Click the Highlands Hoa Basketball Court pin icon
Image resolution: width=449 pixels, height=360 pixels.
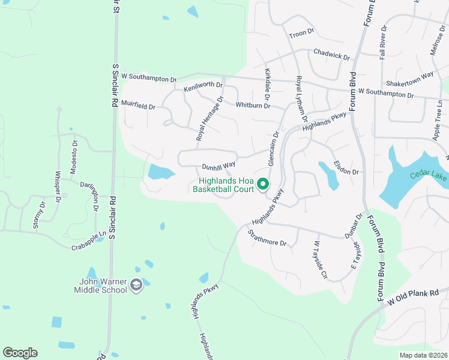click(x=262, y=184)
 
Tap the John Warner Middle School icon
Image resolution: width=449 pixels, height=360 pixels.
click(x=137, y=285)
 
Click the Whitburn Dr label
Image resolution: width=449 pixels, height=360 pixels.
click(x=252, y=105)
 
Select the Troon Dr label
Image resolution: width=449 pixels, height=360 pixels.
click(x=301, y=32)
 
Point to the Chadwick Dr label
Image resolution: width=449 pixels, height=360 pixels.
click(x=331, y=55)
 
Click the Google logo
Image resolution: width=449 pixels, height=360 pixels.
click(x=20, y=353)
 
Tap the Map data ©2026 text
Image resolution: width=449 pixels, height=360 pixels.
click(x=423, y=355)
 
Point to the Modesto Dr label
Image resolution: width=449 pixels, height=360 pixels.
click(x=74, y=156)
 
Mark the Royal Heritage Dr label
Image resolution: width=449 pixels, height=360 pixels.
click(x=210, y=119)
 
